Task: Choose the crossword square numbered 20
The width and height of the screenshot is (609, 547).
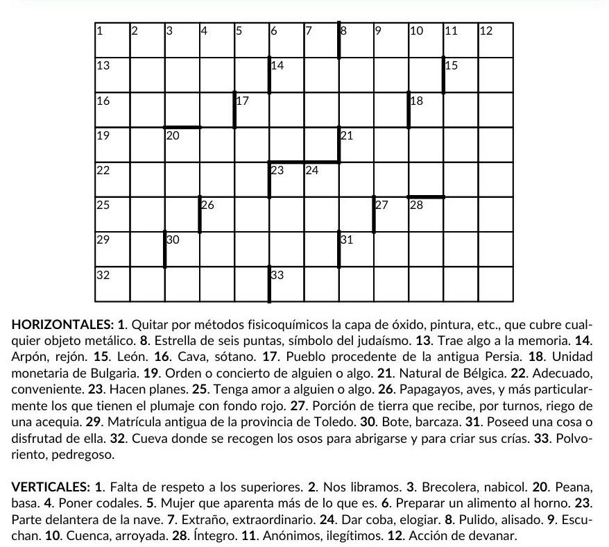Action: pos(182,145)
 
